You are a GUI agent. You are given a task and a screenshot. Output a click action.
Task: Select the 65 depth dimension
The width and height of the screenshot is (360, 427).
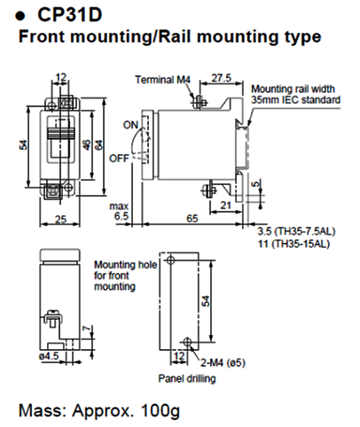192,216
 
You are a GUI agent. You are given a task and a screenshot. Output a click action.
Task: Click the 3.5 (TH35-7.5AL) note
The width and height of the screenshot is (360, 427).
301,227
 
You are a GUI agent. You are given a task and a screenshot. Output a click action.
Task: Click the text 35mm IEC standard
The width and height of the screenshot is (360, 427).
295,100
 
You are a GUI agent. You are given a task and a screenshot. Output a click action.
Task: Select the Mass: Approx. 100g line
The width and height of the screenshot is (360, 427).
98,410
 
